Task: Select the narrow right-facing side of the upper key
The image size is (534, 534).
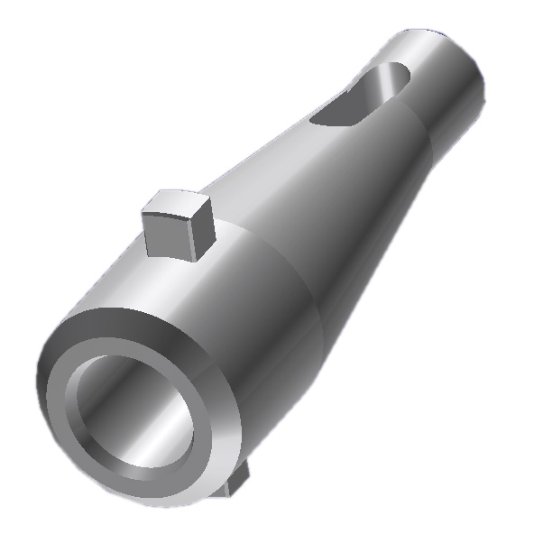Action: pos(200,235)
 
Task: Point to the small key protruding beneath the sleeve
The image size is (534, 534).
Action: pos(238,487)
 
